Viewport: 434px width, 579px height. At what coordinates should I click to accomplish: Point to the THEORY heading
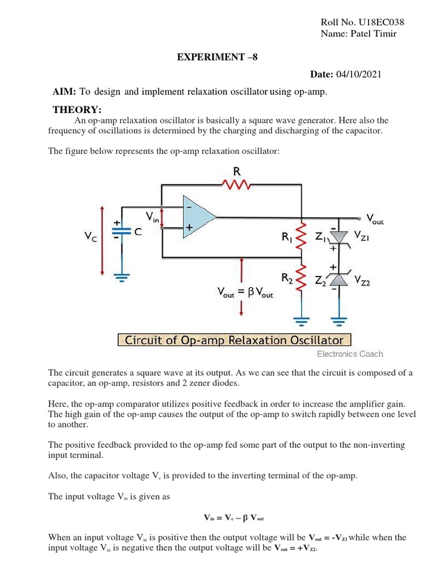coord(77,110)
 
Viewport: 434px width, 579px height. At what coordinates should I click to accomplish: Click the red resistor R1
coord(302,236)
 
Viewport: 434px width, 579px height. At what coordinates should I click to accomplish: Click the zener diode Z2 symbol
coord(338,279)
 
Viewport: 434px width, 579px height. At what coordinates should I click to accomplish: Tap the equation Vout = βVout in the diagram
coord(245,293)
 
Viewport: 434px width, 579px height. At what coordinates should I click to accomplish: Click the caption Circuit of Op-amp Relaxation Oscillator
coord(234,340)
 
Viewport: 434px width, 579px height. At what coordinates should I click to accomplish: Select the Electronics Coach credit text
coord(350,354)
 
